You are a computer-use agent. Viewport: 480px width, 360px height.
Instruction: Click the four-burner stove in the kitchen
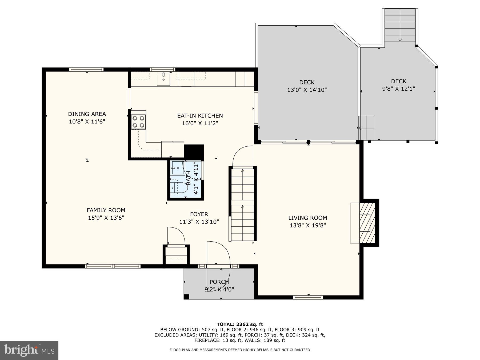(138, 122)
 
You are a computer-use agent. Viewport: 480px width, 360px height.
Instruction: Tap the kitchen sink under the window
(163, 79)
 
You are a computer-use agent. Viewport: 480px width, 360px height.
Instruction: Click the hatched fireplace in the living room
(367, 223)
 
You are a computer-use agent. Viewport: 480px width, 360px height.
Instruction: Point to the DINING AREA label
(87, 114)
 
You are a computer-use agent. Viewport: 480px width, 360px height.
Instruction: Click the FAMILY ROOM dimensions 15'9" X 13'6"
(106, 218)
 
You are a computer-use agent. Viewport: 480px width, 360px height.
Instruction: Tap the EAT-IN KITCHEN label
(200, 116)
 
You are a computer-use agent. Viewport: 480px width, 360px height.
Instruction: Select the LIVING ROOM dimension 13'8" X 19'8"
(307, 225)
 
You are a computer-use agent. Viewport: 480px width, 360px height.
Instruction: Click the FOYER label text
(199, 214)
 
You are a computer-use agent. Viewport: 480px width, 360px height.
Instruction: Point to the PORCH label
(219, 282)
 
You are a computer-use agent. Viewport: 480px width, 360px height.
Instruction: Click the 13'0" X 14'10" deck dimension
(307, 90)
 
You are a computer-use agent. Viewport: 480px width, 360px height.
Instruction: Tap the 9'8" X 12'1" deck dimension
(398, 89)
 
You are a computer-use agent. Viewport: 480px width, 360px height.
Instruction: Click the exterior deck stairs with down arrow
(400, 25)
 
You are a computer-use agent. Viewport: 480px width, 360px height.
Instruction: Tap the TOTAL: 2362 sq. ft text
(240, 324)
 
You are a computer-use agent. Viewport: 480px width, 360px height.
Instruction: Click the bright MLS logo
(29, 350)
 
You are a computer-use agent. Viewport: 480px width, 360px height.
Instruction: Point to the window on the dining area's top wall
(86, 70)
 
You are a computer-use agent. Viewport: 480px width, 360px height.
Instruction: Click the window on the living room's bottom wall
(308, 297)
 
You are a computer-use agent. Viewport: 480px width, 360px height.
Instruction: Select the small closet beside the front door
(176, 255)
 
